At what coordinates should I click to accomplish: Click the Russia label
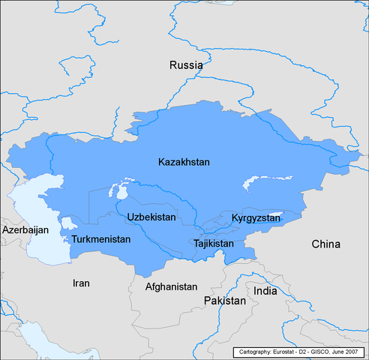[x=185, y=65]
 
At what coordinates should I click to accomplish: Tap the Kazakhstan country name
[x=184, y=162]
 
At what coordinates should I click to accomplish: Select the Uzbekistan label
[x=151, y=217]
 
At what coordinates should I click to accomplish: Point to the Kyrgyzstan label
[x=256, y=217]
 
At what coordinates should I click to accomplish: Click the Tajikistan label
[x=213, y=244]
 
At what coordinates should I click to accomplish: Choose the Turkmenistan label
[x=100, y=239]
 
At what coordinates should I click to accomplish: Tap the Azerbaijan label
[x=25, y=229]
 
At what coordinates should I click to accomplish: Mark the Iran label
[x=80, y=283]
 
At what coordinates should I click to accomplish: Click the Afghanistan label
[x=171, y=286]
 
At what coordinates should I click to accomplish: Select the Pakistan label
[x=224, y=300]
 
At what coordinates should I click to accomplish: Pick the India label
[x=265, y=290]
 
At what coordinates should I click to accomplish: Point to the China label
[x=325, y=244]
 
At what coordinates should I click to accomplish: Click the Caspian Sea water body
[x=34, y=217]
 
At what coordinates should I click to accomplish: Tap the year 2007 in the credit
[x=352, y=352]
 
